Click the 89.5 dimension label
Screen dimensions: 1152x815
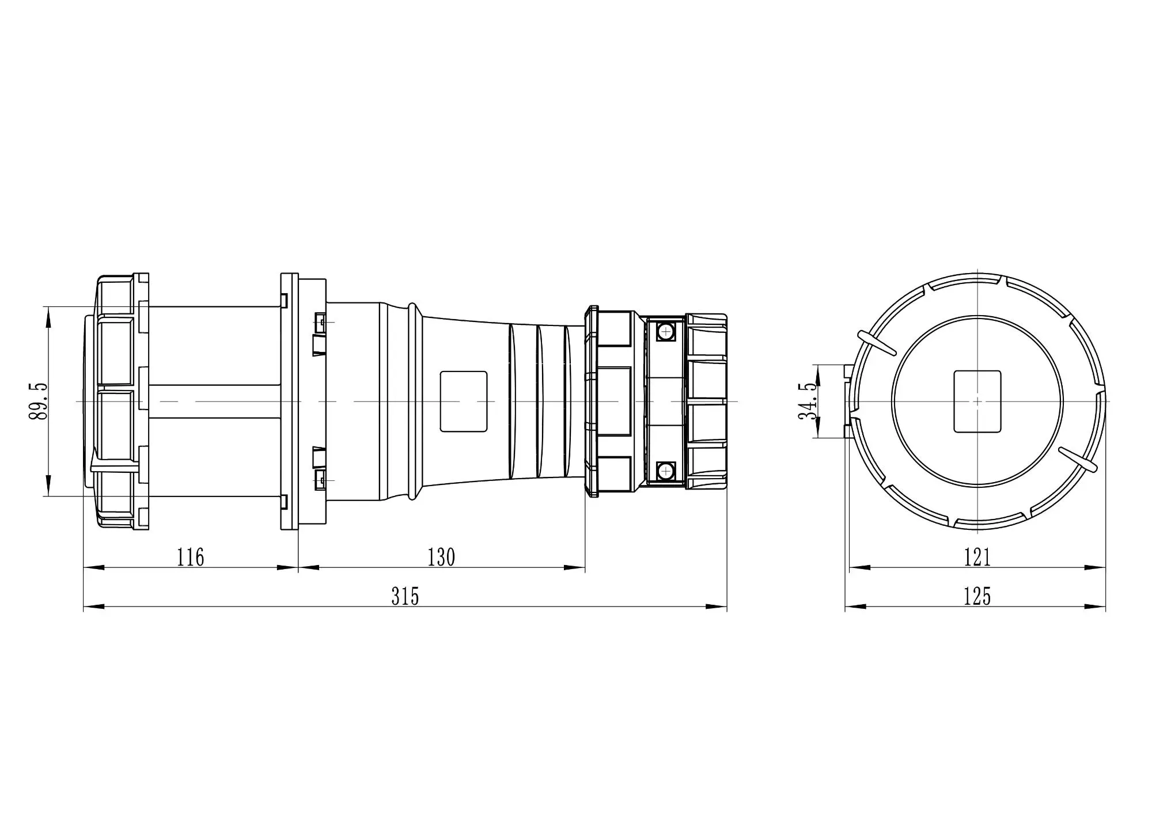point(39,401)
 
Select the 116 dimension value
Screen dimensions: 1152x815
point(191,558)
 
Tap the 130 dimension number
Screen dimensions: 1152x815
point(441,558)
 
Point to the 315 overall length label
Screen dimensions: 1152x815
point(405,597)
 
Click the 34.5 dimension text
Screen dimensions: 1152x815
point(808,401)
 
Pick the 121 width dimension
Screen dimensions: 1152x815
point(977,558)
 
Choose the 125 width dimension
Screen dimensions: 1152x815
point(977,597)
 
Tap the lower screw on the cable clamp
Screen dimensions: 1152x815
point(666,471)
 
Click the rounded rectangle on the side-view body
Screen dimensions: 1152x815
point(464,401)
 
